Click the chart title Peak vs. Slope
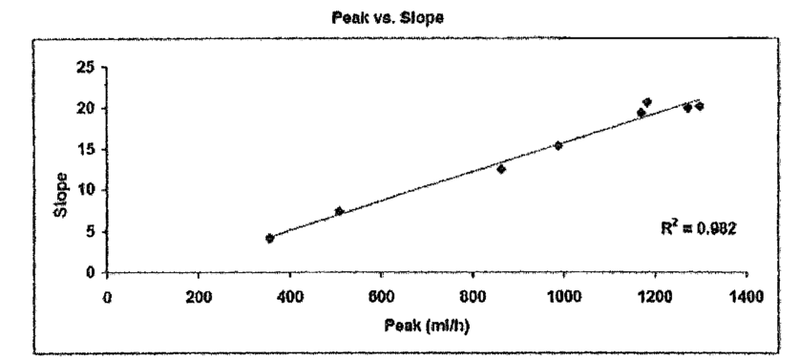pyautogui.click(x=388, y=18)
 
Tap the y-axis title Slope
pyautogui.click(x=61, y=196)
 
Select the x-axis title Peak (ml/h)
pyautogui.click(x=427, y=326)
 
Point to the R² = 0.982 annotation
pyautogui.click(x=698, y=228)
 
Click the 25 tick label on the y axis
pyautogui.click(x=86, y=67)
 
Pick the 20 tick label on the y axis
pyautogui.click(x=86, y=108)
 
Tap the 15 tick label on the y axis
pyautogui.click(x=86, y=149)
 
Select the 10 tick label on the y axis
pyautogui.click(x=86, y=190)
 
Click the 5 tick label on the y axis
pyautogui.click(x=90, y=231)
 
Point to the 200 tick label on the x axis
pyautogui.click(x=199, y=297)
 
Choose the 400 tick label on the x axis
pyautogui.click(x=289, y=297)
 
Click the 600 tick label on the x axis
pyautogui.click(x=381, y=297)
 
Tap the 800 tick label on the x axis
pyautogui.click(x=473, y=297)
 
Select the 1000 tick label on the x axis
pyautogui.click(x=563, y=297)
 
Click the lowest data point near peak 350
pyautogui.click(x=269, y=238)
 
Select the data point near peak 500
pyautogui.click(x=340, y=211)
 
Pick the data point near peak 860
pyautogui.click(x=501, y=169)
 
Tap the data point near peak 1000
pyautogui.click(x=558, y=145)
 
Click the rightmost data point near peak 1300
pyautogui.click(x=699, y=106)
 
